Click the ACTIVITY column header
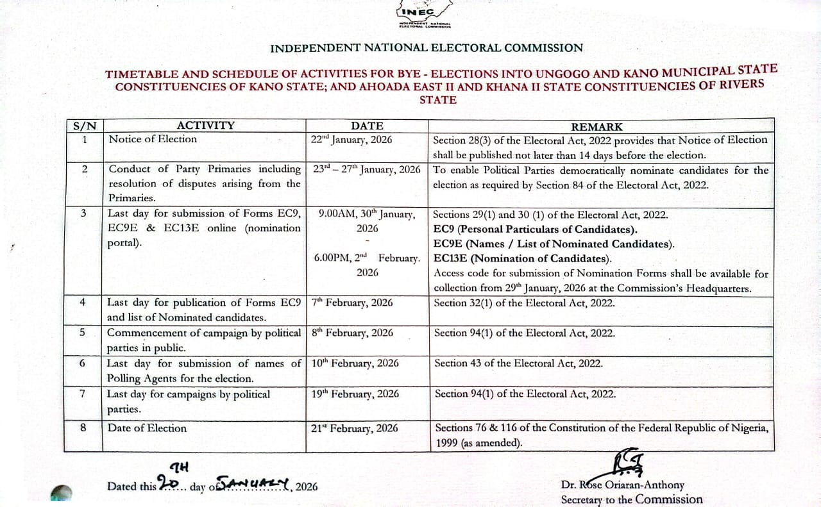[205, 126]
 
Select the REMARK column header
[597, 127]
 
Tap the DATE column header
[367, 126]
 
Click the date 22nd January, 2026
[351, 139]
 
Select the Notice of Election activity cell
[153, 139]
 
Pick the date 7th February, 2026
[352, 303]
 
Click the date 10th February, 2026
[355, 363]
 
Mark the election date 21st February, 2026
[355, 428]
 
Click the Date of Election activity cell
[147, 428]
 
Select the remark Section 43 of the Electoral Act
[518, 363]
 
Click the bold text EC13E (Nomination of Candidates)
[523, 259]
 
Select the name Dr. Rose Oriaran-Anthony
[622, 485]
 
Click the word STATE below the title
[437, 100]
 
